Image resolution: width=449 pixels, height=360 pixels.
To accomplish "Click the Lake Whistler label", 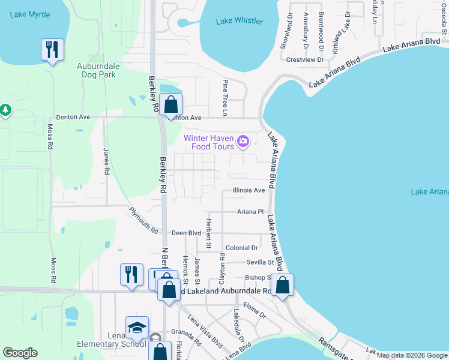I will [x=240, y=21].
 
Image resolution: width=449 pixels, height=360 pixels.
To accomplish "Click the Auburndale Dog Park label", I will [x=96, y=70].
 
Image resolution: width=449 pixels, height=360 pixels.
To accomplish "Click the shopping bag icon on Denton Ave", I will [x=171, y=104].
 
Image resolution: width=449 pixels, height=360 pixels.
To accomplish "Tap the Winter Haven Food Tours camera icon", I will [x=243, y=142].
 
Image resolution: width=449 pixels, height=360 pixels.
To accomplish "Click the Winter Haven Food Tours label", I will [x=209, y=142].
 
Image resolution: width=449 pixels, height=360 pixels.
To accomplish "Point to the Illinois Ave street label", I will [x=249, y=190].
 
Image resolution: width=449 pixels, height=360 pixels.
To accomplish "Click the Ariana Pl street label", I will [x=250, y=212].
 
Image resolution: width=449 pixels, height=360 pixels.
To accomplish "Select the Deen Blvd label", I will [x=186, y=233].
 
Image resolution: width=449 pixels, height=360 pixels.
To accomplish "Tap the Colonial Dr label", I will [x=242, y=247].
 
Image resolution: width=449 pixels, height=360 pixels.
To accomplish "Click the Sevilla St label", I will [x=260, y=262].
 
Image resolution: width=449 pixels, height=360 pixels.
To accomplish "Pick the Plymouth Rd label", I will [x=144, y=221].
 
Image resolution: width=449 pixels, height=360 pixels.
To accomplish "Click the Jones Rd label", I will [x=107, y=161].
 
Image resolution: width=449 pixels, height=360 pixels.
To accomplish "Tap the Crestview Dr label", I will [x=305, y=59].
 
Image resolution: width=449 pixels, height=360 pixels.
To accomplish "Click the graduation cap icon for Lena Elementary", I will [x=137, y=327].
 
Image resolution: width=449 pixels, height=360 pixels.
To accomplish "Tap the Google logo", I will [x=20, y=353].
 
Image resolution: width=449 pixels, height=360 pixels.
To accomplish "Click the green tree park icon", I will [x=5, y=110].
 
